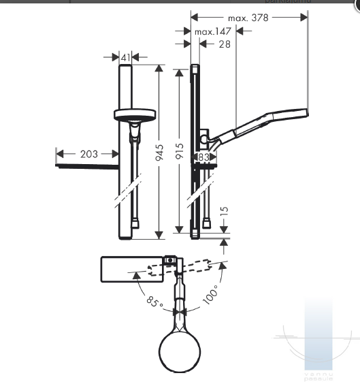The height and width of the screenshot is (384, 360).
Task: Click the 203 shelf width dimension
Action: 88,154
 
